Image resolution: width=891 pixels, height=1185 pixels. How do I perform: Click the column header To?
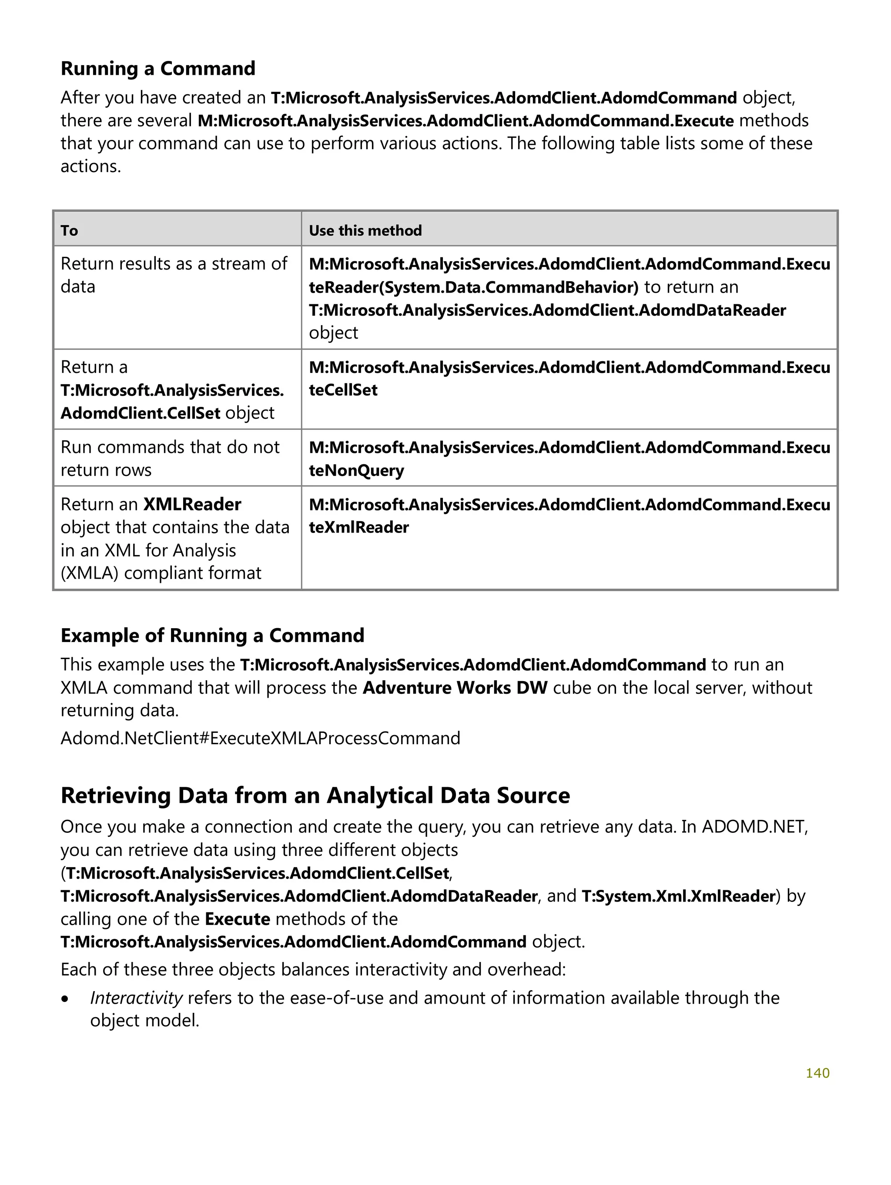(69, 231)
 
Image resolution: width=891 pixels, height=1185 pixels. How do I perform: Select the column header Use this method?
(365, 231)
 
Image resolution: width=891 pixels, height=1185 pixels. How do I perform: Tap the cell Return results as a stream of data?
(174, 275)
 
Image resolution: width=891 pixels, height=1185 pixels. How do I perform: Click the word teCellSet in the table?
(343, 390)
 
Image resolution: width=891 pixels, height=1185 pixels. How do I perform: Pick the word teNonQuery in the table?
(356, 470)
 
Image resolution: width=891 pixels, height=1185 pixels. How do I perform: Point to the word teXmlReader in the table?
(358, 527)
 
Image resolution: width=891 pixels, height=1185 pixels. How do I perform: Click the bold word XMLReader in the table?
(192, 504)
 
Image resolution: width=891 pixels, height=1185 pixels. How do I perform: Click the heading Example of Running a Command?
(212, 636)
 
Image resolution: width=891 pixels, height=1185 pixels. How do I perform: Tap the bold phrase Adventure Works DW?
(455, 687)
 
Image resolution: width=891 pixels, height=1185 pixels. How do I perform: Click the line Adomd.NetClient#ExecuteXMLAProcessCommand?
(260, 738)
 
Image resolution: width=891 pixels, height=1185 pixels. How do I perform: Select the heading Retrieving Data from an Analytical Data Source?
(315, 796)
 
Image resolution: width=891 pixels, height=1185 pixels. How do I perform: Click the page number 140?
(817, 1073)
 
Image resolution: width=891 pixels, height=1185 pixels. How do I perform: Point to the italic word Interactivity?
(136, 998)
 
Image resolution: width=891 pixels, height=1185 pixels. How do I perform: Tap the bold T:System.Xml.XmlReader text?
(678, 896)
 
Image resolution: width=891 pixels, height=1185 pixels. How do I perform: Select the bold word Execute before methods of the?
(237, 919)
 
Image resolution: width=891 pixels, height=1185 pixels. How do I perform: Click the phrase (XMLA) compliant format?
(161, 573)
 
